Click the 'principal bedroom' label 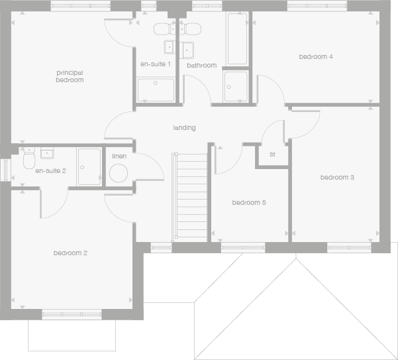click(70, 76)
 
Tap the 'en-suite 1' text click(156, 64)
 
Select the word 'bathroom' click(201, 66)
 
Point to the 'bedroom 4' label click(316, 57)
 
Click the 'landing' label click(184, 127)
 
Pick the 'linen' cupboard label click(119, 156)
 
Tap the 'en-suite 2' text click(50, 171)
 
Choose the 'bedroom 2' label click(71, 253)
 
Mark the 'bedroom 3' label click(337, 178)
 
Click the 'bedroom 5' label click(249, 203)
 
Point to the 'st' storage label click(272, 154)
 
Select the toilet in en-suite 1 click(162, 29)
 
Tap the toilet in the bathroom click(193, 29)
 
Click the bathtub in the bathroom click(236, 38)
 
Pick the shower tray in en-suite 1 click(157, 90)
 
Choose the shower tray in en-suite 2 click(89, 166)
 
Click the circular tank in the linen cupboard click(119, 174)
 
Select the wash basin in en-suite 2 click(47, 153)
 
